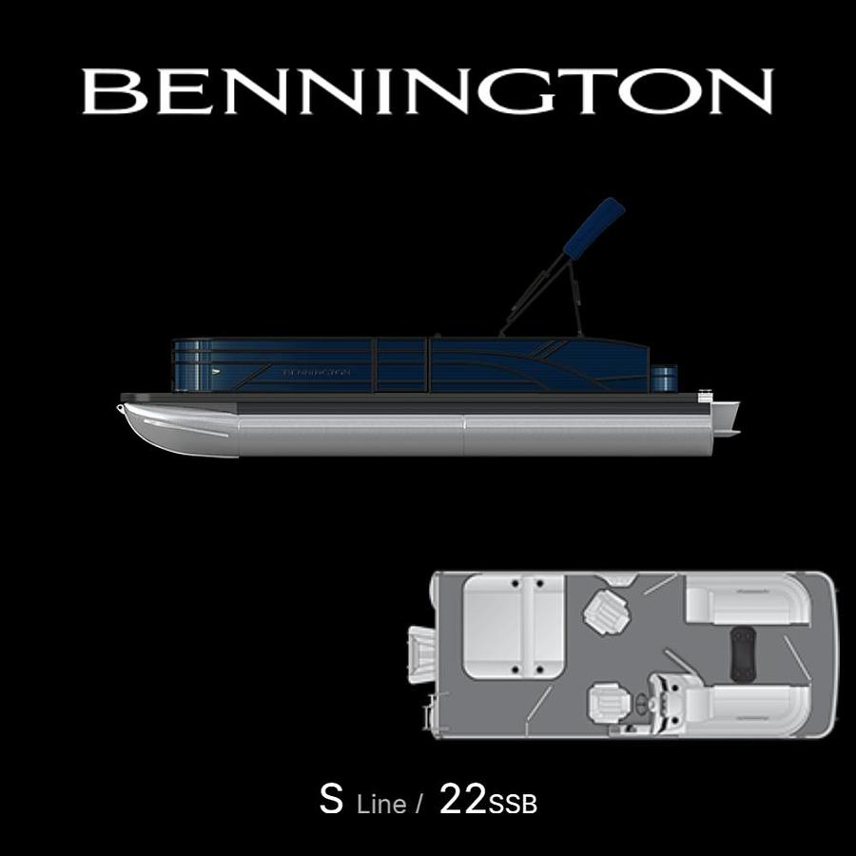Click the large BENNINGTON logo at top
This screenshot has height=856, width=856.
(x=428, y=92)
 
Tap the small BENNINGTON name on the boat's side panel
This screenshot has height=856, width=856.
(x=317, y=372)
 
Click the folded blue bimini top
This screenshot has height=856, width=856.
(x=593, y=229)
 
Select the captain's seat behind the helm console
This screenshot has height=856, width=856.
(x=606, y=703)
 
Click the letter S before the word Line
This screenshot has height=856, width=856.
(x=331, y=800)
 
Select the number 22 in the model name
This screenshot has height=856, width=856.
(x=463, y=800)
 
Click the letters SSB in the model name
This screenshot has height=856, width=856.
(x=514, y=805)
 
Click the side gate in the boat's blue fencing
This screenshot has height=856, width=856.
(x=402, y=366)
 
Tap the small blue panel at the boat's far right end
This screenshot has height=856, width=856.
(x=665, y=378)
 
